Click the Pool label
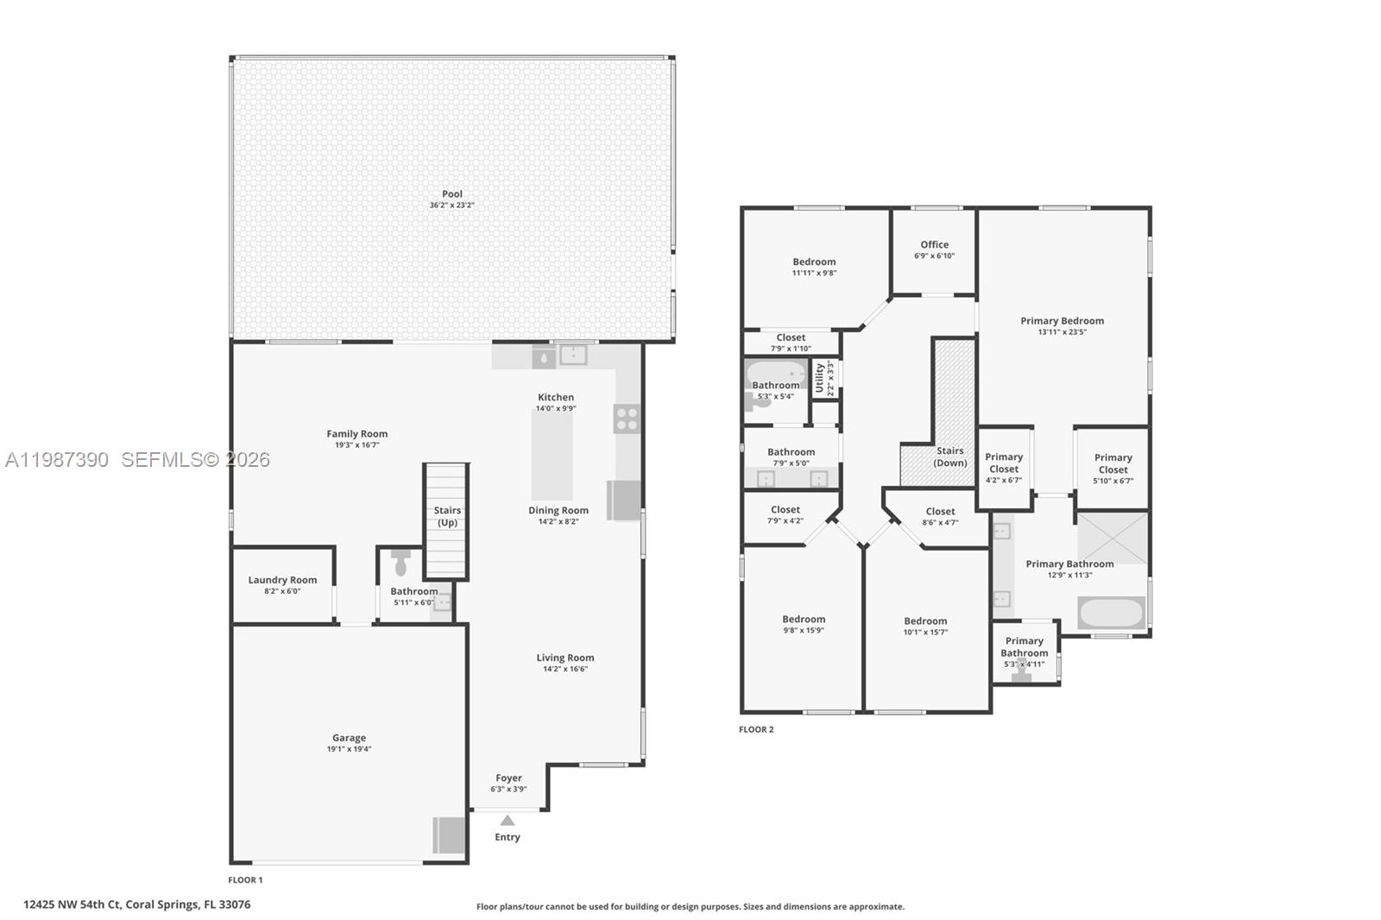coord(452,194)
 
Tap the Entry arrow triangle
coord(508,821)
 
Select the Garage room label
coord(349,738)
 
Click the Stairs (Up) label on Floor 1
coord(447,516)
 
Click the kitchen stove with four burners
coord(627,419)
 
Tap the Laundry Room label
coord(282,580)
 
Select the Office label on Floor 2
coord(934,244)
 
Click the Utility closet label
coord(820,378)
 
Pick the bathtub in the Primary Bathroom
coord(1111,613)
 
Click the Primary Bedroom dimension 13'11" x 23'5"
coord(1062,332)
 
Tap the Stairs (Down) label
coord(949,457)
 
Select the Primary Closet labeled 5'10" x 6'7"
coord(1113,469)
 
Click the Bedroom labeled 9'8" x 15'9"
coord(804,624)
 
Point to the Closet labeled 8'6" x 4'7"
coord(940,516)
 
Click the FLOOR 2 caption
coord(756,729)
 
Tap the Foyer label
coord(508,778)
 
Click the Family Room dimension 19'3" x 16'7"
coord(356,445)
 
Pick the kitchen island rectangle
coord(552,455)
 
